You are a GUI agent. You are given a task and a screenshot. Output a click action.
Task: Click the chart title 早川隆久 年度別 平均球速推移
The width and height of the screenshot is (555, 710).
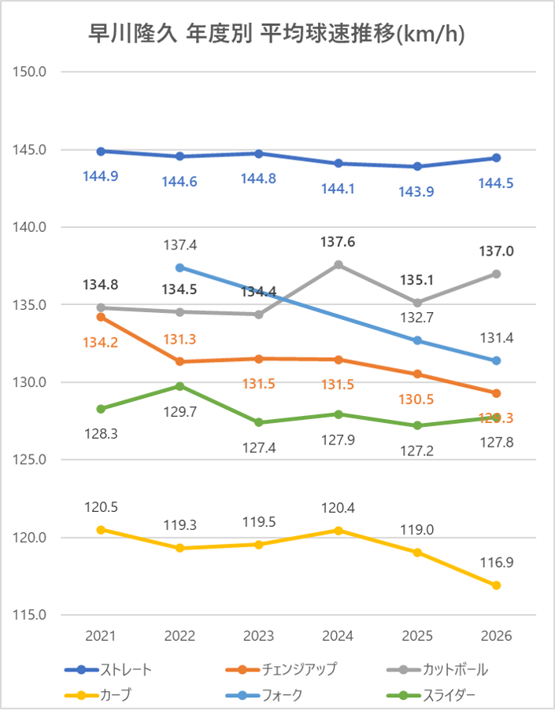click(x=277, y=35)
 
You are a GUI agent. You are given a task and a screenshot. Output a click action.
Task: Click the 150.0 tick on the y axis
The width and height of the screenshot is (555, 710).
click(x=31, y=72)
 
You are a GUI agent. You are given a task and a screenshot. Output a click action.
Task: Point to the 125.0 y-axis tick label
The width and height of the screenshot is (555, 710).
click(x=31, y=460)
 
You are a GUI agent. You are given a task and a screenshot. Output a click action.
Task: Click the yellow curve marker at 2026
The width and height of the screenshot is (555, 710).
click(x=497, y=585)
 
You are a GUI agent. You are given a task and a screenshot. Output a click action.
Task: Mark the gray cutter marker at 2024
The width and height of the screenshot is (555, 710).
click(x=339, y=264)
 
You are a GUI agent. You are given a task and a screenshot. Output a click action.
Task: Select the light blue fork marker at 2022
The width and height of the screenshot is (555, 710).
click(x=179, y=267)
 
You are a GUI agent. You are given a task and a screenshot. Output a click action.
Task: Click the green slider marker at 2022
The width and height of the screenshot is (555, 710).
click(x=179, y=386)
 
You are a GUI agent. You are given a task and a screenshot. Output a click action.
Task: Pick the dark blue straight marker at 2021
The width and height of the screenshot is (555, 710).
click(x=101, y=151)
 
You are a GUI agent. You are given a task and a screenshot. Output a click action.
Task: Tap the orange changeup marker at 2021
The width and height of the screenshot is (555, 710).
click(x=101, y=317)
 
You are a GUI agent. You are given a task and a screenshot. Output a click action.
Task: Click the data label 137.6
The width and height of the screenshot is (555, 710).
click(x=339, y=242)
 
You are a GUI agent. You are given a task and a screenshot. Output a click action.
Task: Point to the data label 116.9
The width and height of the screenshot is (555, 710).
click(x=497, y=562)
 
